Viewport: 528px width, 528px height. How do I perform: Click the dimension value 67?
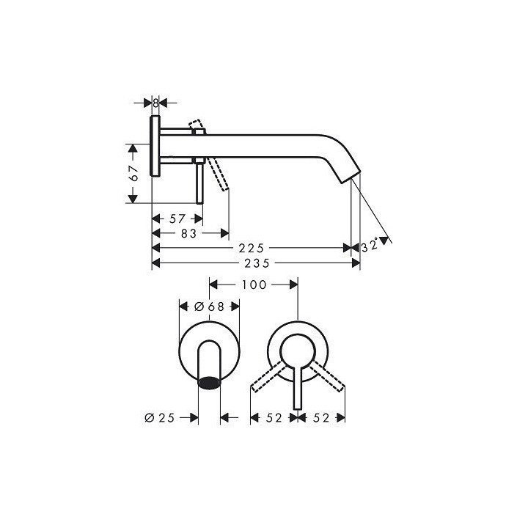click(x=133, y=174)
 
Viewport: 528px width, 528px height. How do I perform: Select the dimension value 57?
click(x=177, y=219)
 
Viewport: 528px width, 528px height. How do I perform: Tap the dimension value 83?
click(x=189, y=234)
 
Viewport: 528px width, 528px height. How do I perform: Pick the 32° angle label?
click(x=371, y=246)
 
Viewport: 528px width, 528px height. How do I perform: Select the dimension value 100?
click(x=254, y=284)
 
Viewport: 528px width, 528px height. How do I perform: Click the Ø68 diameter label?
click(x=209, y=307)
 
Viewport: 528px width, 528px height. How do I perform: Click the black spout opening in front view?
click(x=210, y=383)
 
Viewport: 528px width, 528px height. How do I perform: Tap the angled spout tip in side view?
click(x=347, y=174)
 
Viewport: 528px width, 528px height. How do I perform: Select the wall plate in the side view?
click(x=155, y=146)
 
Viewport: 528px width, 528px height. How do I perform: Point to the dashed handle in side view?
click(x=216, y=172)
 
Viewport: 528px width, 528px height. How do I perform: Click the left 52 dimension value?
click(x=274, y=417)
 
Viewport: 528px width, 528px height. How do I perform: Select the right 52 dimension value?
click(x=321, y=417)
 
